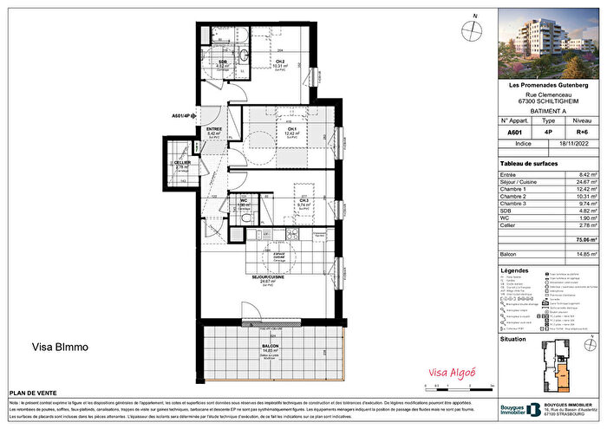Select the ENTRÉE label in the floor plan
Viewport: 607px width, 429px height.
tap(214, 129)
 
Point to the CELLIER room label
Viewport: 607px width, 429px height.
tap(182, 163)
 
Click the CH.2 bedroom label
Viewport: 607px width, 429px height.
tap(281, 61)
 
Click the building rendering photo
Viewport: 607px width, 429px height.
tap(552, 44)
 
